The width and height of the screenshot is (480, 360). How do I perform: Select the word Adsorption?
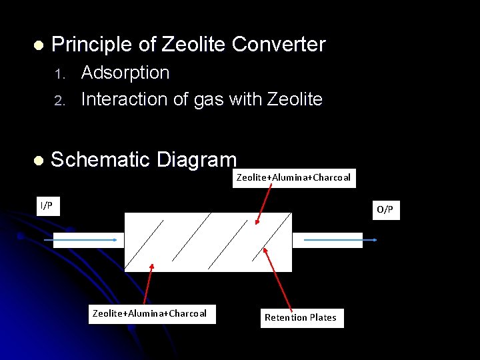(x=125, y=73)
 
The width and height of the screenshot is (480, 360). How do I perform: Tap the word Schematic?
(x=100, y=160)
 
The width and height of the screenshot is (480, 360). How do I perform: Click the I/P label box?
(x=47, y=206)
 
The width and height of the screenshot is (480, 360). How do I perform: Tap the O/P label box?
(x=385, y=210)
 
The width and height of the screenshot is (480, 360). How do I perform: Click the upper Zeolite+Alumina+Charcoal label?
(x=293, y=177)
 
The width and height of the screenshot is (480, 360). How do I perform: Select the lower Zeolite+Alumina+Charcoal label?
(x=149, y=313)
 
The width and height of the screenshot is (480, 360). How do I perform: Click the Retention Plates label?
(x=300, y=317)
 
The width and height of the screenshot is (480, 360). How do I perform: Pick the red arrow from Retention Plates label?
(x=278, y=278)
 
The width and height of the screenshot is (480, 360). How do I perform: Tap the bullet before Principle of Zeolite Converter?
(x=38, y=46)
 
